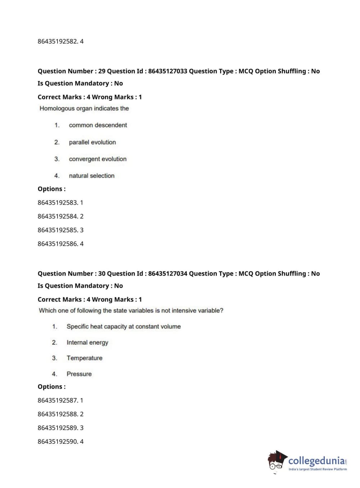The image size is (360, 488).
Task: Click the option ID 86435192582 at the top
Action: (x=58, y=41)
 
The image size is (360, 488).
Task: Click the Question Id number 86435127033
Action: (x=168, y=71)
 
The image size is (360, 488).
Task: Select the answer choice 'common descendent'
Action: (x=98, y=125)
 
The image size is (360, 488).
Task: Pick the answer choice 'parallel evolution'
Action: (x=92, y=142)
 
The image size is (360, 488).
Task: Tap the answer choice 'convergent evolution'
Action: (x=98, y=159)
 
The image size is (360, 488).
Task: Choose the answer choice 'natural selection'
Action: (x=92, y=176)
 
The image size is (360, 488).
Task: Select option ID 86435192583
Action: (x=58, y=203)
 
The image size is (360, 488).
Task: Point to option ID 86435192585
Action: (x=58, y=230)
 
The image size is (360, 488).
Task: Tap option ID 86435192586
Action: (x=58, y=244)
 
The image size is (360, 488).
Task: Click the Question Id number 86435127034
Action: (x=168, y=274)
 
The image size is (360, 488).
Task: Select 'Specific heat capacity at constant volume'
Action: (x=123, y=326)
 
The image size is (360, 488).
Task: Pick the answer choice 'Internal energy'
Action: (x=87, y=342)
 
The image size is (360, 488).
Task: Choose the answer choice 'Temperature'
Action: (x=85, y=358)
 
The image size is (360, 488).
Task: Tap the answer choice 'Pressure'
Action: (x=79, y=374)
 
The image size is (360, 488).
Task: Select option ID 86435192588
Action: (x=58, y=414)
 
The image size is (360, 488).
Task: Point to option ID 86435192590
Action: (x=58, y=442)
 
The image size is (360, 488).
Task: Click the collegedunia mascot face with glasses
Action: (x=276, y=462)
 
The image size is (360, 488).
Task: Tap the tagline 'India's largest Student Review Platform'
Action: (x=318, y=469)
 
